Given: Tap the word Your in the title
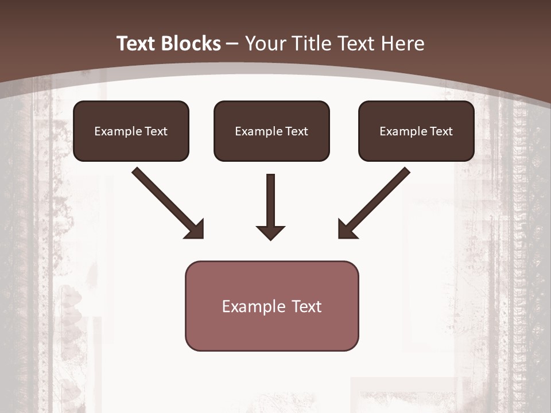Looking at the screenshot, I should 266,44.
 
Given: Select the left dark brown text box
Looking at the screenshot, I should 131,131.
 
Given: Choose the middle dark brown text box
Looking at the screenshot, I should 271,131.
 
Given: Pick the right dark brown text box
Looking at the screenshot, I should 416,131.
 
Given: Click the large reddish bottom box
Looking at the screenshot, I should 271,306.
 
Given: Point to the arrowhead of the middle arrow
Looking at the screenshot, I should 270,232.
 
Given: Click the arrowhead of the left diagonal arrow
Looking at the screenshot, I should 195,229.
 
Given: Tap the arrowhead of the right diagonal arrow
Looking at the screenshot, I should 347,229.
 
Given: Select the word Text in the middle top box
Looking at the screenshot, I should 296,131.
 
